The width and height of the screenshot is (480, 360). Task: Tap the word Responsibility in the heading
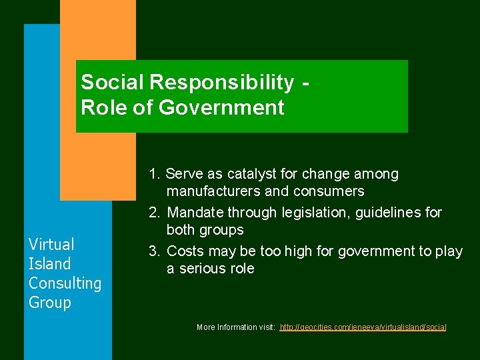221,83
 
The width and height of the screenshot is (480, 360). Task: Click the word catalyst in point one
248,174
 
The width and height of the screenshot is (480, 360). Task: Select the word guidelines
386,213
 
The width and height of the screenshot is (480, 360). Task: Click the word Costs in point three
185,251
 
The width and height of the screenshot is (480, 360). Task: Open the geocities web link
363,327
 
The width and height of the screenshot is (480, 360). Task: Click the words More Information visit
236,327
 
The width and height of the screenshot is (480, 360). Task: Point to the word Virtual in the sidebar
51,244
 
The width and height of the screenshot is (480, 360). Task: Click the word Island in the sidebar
49,263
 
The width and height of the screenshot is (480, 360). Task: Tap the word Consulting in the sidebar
65,283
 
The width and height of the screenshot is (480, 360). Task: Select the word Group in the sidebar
49,303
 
